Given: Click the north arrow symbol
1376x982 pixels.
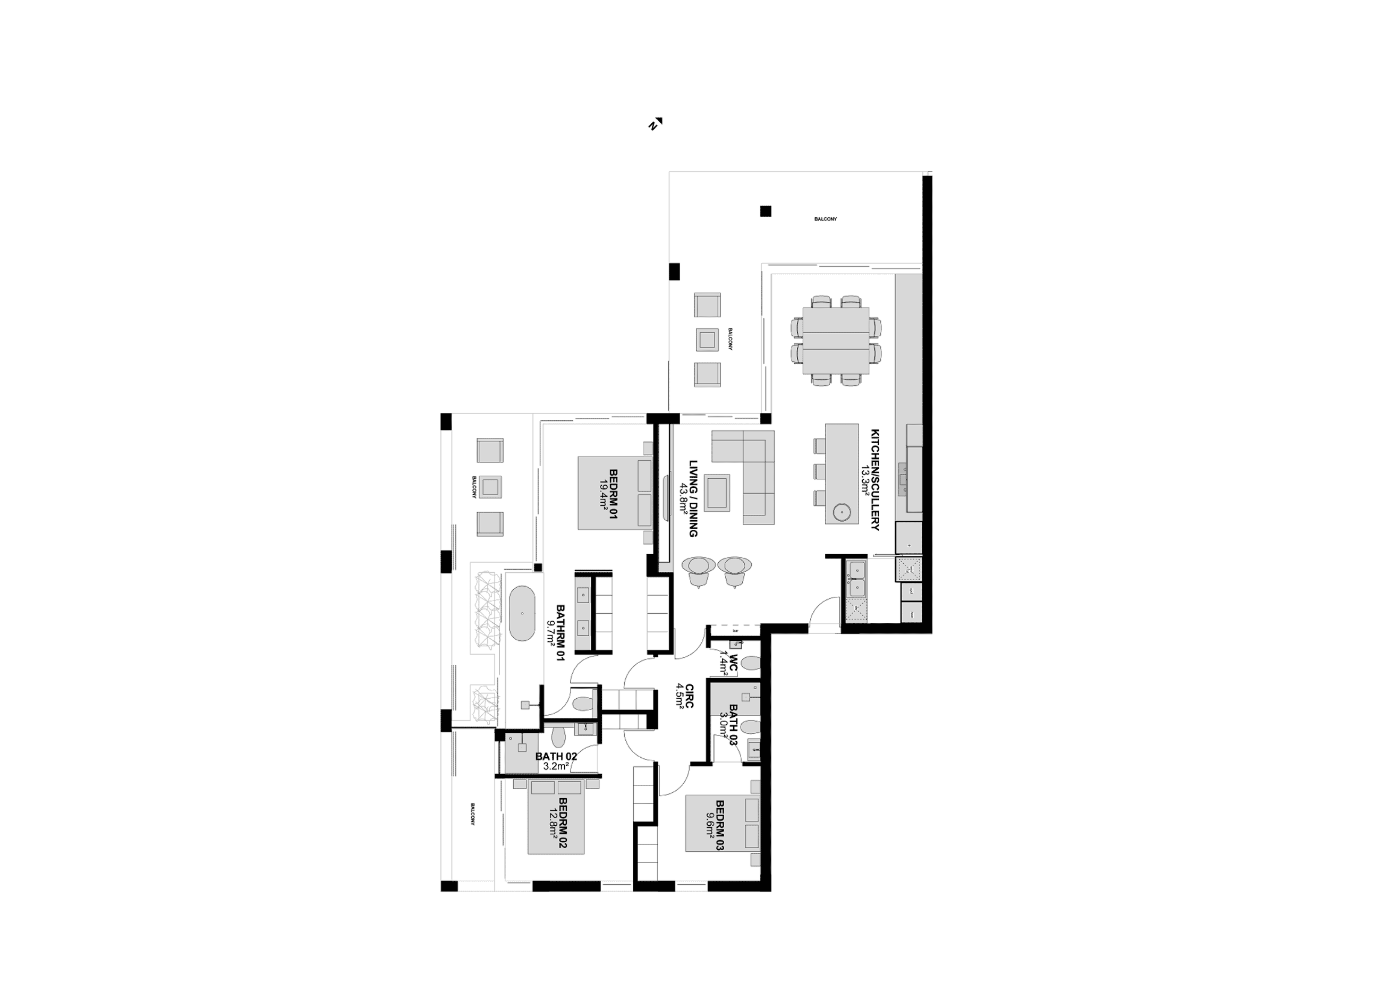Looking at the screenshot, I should (x=655, y=124).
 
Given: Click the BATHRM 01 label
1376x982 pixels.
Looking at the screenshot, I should (x=560, y=632).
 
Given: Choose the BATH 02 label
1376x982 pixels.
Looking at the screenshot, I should (x=556, y=756).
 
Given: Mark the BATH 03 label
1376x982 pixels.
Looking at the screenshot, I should (x=733, y=724).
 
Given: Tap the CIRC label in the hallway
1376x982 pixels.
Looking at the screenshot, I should (x=689, y=696).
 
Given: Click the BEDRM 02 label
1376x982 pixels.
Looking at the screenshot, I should (x=562, y=823).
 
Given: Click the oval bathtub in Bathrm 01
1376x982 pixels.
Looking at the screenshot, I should (x=522, y=613).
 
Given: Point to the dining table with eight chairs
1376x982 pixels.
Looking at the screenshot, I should (x=836, y=341).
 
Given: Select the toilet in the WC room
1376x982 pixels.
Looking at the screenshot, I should (x=751, y=663).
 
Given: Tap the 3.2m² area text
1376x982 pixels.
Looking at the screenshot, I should (x=556, y=766).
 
